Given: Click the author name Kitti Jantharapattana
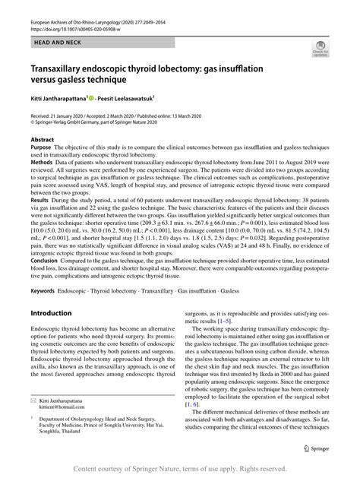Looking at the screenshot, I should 57,98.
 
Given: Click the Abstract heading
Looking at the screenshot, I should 42,141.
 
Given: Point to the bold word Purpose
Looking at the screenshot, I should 43,148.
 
